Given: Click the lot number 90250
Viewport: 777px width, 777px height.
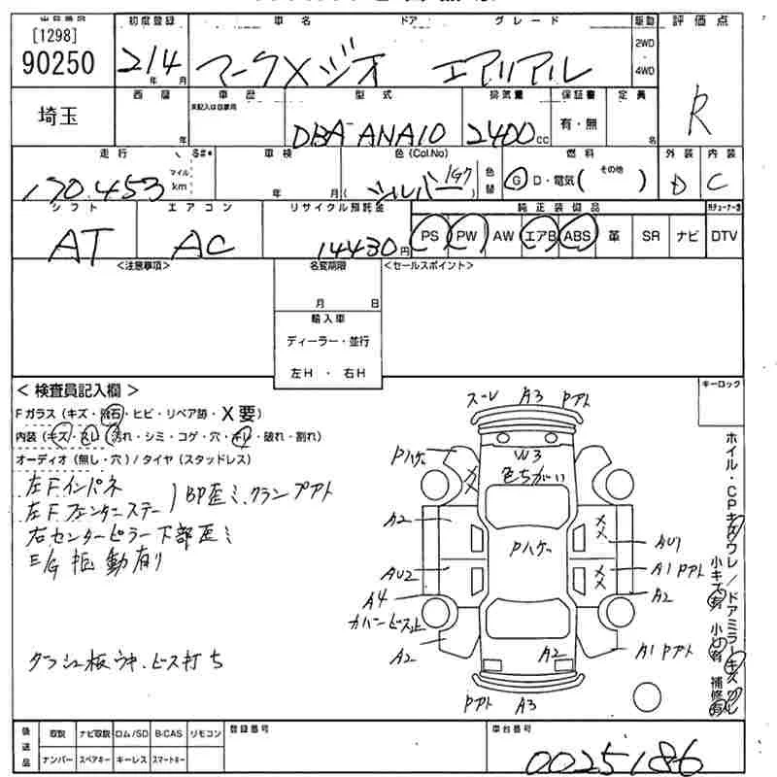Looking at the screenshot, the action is click(x=57, y=63).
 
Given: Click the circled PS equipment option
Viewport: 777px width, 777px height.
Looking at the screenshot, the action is click(x=430, y=236).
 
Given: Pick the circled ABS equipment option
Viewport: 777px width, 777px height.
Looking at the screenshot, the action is click(x=577, y=236).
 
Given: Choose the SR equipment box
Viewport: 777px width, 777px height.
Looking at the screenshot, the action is click(x=651, y=236).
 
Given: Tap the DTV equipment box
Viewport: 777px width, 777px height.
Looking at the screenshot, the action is click(x=724, y=236).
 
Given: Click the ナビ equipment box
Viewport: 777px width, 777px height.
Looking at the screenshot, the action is click(x=686, y=236).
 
